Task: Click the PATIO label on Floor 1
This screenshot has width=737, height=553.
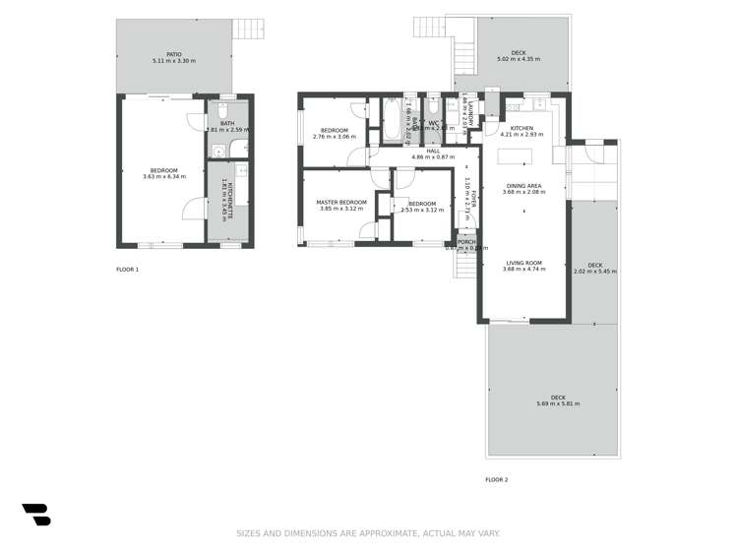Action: pyautogui.click(x=173, y=54)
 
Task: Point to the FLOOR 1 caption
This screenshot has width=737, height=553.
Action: pyautogui.click(x=128, y=270)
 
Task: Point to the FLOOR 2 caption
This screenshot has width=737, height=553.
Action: pyautogui.click(x=497, y=479)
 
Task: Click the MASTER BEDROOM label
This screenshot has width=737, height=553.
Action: pyautogui.click(x=341, y=203)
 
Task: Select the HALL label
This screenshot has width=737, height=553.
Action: pyautogui.click(x=433, y=151)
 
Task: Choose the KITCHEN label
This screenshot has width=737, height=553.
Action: pyautogui.click(x=522, y=128)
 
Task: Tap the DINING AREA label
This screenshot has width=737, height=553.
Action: pyautogui.click(x=522, y=185)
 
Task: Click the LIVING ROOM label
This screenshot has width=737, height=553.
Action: pyautogui.click(x=524, y=263)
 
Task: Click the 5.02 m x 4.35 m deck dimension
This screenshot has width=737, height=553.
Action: pyautogui.click(x=518, y=61)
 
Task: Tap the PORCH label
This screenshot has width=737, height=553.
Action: pyautogui.click(x=466, y=242)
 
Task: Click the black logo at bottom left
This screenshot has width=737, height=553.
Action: pyautogui.click(x=36, y=514)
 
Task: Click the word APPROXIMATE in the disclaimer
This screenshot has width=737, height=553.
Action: pyautogui.click(x=375, y=533)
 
